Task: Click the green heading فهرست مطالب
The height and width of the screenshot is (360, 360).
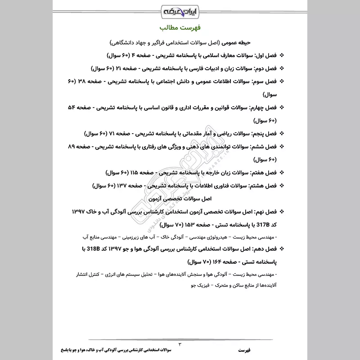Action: pyautogui.click(x=180, y=28)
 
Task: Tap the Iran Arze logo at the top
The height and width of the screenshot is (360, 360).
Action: pyautogui.click(x=180, y=9)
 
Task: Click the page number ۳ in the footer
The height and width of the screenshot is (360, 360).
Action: pyautogui.click(x=180, y=344)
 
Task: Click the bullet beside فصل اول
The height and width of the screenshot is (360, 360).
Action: pyautogui.click(x=282, y=56)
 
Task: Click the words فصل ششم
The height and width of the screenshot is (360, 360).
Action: pyautogui.click(x=266, y=147)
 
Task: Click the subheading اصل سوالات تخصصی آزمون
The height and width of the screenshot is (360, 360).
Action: pyautogui.click(x=180, y=198)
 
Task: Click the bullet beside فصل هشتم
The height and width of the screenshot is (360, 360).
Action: pyautogui.click(x=282, y=185)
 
